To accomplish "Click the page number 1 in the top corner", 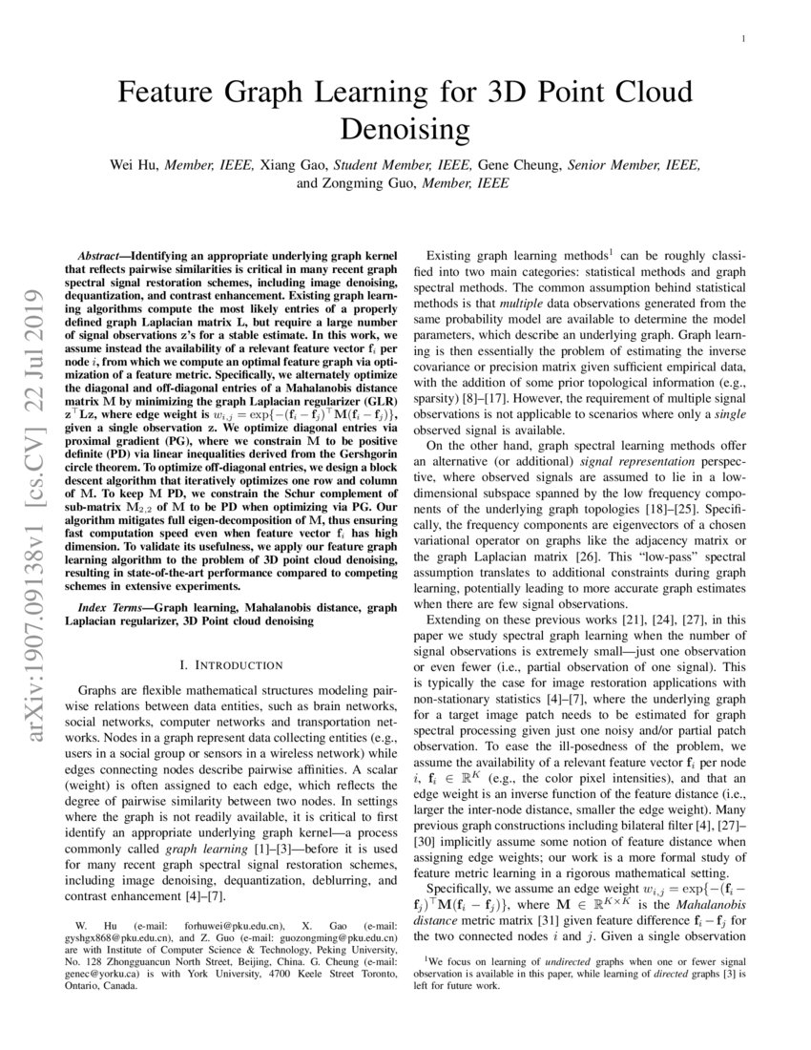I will [x=742, y=39].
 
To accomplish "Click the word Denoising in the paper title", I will [x=405, y=127].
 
